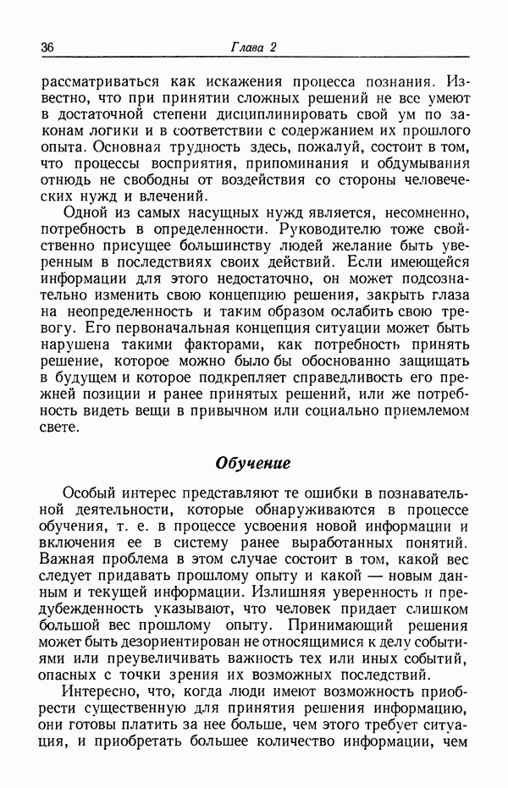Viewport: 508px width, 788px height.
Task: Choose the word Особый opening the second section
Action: tap(90, 493)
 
